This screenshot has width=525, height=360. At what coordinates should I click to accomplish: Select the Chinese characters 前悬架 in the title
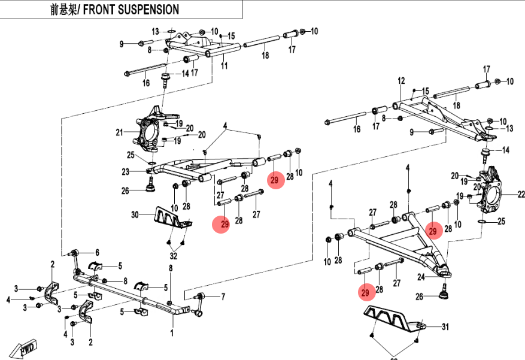pos(61,10)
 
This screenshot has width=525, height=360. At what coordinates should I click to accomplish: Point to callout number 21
pos(119,132)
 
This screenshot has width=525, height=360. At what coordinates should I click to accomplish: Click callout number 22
pos(521,194)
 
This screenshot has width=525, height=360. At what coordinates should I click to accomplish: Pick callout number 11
pos(224,66)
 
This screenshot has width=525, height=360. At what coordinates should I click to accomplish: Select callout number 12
pos(401,80)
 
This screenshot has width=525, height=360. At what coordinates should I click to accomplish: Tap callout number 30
pos(135,214)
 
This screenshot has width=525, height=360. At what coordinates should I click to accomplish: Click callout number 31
pos(444,326)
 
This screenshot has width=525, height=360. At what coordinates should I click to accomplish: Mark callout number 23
pos(125,172)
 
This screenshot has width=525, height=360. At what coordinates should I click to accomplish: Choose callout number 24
pos(420,277)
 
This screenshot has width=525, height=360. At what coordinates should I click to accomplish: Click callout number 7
pos(223,296)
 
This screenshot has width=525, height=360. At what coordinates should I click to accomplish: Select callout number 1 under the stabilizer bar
pos(172,331)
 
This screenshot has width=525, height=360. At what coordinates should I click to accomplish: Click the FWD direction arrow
pos(27,348)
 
